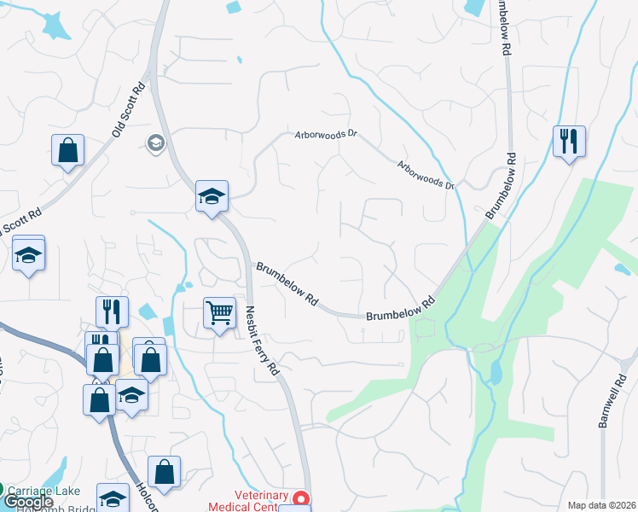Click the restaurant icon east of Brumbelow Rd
coord(569,141)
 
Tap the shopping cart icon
coord(219,313)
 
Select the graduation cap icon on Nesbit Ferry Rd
coord(211,196)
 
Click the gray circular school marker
coord(155,142)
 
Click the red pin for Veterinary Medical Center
coord(299,498)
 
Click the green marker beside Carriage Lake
coord(3,491)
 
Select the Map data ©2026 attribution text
coord(601,505)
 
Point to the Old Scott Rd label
coord(130,110)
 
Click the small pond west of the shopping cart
coord(148,315)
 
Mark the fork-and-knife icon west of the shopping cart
coord(113,311)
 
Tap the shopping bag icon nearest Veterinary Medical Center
coord(164,472)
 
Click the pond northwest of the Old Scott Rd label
coord(56,26)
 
